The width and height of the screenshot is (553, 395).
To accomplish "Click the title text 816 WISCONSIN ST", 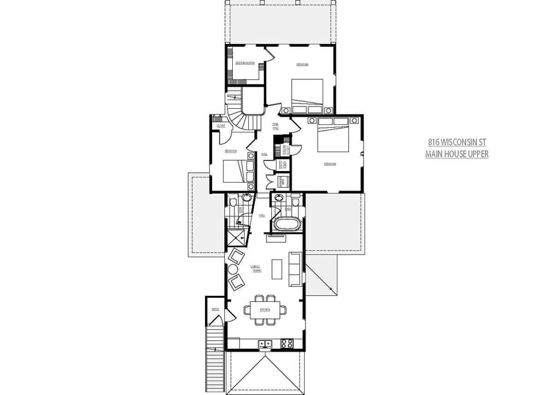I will pos(457,142).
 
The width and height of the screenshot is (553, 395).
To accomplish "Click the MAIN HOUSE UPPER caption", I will pos(457,154).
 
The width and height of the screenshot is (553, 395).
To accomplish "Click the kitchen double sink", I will pos(266,344).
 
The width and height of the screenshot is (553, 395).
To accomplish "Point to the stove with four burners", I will pos(286,344).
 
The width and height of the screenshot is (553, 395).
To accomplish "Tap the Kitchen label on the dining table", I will pos(265,310).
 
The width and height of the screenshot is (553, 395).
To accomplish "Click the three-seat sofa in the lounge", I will pos(294,268).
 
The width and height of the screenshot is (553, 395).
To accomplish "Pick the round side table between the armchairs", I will pos(233,269).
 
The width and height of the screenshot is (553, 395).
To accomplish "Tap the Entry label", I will pos(215,309).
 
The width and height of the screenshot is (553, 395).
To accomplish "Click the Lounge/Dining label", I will pos(256,268).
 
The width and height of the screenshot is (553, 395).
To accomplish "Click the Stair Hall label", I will pos(276,126).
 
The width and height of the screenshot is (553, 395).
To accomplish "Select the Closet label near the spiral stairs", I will pos(221,126).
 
